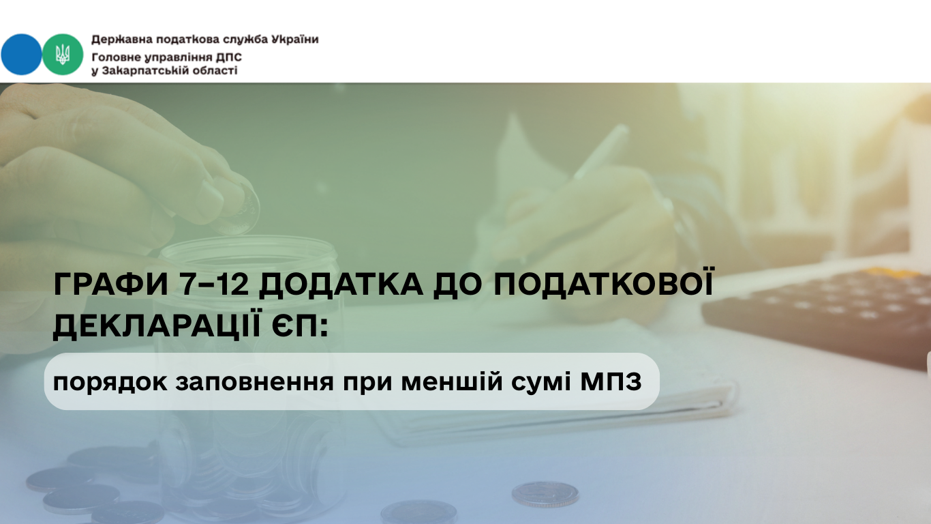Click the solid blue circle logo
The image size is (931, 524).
(21, 55)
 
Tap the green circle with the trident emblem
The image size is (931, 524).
(63, 55)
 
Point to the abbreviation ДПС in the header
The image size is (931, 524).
(228, 57)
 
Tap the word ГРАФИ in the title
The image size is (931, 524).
(111, 285)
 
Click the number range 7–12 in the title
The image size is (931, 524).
(214, 285)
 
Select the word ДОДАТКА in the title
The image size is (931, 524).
(341, 285)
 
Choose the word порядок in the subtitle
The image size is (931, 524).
(110, 383)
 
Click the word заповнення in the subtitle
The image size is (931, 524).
(254, 381)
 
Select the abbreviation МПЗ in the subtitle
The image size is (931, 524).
(611, 381)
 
